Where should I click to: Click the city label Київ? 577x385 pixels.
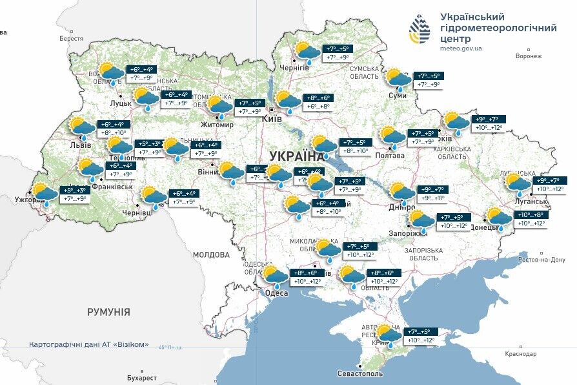pyautogui.click(x=271, y=119)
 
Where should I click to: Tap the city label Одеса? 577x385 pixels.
pyautogui.click(x=277, y=293)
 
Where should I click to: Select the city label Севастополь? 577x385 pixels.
pyautogui.click(x=360, y=374)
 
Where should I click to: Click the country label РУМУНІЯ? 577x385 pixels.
pyautogui.click(x=108, y=312)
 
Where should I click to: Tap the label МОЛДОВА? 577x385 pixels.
pyautogui.click(x=212, y=255)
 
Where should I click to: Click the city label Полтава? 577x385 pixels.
pyautogui.click(x=389, y=155)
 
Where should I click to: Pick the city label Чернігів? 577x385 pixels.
pyautogui.click(x=294, y=67)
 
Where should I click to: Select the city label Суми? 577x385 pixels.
pyautogui.click(x=398, y=96)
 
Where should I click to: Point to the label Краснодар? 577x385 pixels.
pyautogui.click(x=521, y=354)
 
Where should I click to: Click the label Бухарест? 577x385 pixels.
pyautogui.click(x=142, y=377)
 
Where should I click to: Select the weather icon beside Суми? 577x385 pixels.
pyautogui.click(x=398, y=79)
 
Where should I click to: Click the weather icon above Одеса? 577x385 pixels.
pyautogui.click(x=276, y=276)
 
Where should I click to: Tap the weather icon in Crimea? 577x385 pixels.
pyautogui.click(x=389, y=334)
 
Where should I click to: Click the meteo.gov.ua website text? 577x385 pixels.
pyautogui.click(x=461, y=48)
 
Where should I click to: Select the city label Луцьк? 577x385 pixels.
pyautogui.click(x=122, y=103)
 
